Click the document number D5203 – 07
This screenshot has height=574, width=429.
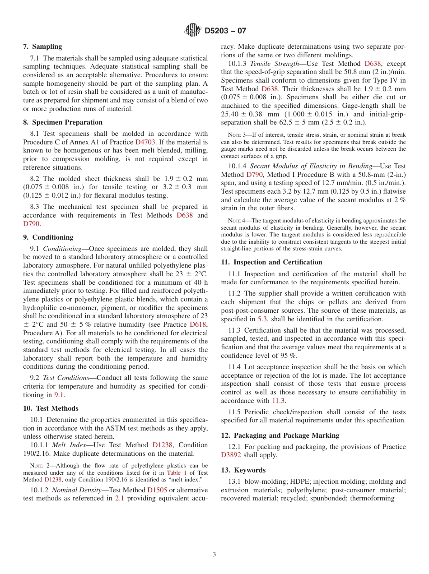click(x=225, y=31)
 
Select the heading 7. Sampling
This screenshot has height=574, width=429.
click(x=42, y=46)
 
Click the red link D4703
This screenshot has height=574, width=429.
click(x=145, y=142)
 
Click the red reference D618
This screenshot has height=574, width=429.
click(x=198, y=324)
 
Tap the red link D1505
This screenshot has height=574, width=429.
click(x=157, y=490)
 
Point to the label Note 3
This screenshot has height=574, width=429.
click(x=238, y=135)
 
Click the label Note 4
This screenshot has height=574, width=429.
click(x=238, y=221)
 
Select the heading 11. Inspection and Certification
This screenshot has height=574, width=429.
click(x=271, y=262)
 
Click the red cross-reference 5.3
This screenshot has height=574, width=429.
click(x=262, y=319)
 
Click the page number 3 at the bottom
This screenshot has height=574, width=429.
click(x=214, y=554)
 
